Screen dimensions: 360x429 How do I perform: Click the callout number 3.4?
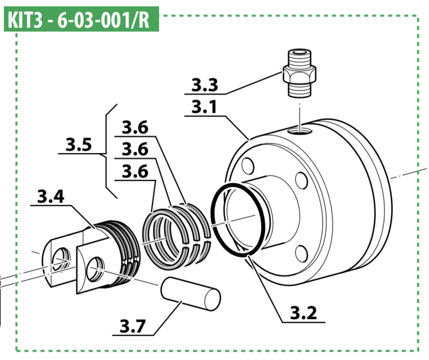(50, 196)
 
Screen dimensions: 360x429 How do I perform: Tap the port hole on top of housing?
(301, 130)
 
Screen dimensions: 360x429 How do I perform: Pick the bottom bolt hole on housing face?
(303, 254)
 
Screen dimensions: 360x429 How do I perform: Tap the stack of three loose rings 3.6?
(176, 230)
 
